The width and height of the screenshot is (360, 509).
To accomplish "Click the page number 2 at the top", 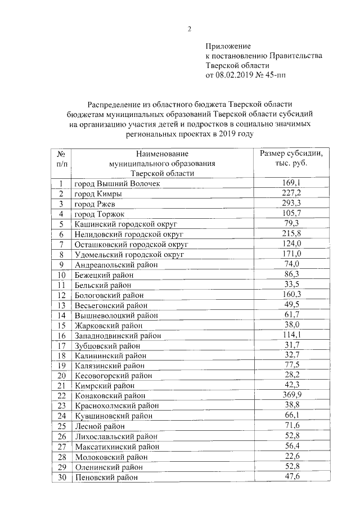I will (x=190, y=29).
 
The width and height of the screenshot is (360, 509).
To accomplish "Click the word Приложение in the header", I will (x=228, y=46).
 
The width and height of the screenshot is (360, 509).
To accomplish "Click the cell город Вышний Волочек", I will (x=117, y=184).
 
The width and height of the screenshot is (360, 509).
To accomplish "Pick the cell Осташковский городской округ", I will (x=130, y=245).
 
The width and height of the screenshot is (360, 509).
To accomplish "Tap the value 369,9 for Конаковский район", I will (x=291, y=395).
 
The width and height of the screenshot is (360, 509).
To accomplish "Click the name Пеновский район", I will (x=107, y=477).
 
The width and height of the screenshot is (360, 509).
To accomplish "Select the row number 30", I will (x=61, y=477).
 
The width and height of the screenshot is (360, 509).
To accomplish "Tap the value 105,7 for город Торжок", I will (x=291, y=214).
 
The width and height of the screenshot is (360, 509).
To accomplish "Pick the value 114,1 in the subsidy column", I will (x=291, y=335).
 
